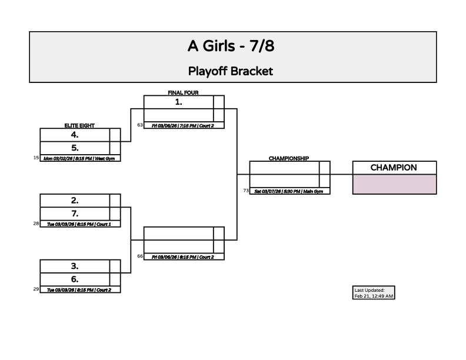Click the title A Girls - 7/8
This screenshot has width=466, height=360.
point(231,46)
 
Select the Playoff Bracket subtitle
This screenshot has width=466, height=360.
point(231,71)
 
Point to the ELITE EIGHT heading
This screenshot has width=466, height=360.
point(79,126)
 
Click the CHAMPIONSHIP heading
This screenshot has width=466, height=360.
point(289,158)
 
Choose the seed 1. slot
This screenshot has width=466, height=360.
point(178,102)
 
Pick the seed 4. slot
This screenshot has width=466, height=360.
point(75,135)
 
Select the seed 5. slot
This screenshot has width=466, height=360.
point(75,148)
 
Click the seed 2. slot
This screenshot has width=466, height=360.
point(75,201)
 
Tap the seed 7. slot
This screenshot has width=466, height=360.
point(75,214)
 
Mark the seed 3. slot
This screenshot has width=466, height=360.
point(75,266)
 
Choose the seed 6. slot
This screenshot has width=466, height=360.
point(75,279)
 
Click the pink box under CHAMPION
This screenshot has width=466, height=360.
point(394,184)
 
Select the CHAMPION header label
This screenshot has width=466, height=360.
point(394,168)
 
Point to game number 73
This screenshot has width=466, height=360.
point(246,191)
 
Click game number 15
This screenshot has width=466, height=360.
point(36,158)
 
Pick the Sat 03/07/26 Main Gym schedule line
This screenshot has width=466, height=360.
point(289,191)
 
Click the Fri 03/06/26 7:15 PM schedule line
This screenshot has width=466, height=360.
point(183,125)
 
